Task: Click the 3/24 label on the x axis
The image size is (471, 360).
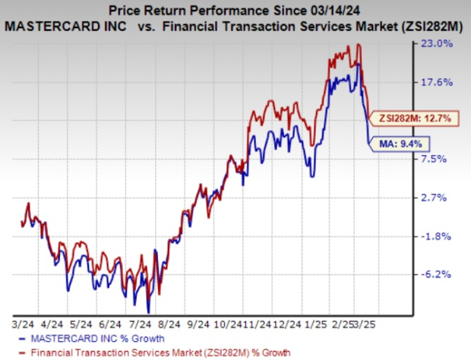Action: pos(21,322)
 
